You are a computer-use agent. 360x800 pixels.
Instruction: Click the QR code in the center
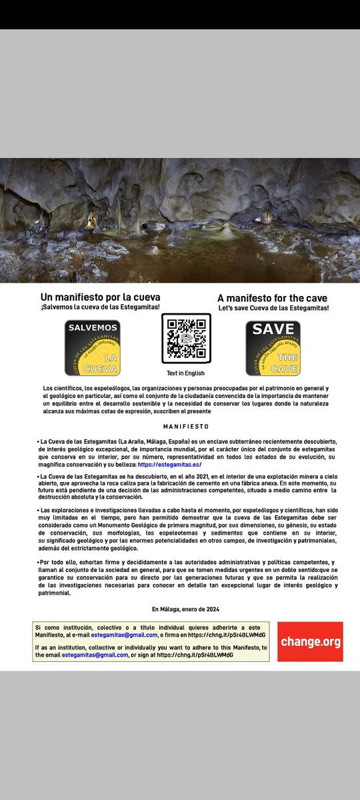tap(186, 339)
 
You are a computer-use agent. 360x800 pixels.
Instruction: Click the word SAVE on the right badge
tap(273, 329)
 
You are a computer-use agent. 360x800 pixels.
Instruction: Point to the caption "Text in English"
tap(185, 373)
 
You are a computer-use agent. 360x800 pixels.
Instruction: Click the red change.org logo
tap(310, 642)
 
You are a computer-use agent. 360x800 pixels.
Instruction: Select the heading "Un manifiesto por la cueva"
tap(100, 297)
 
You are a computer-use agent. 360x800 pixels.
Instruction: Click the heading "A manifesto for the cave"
tap(273, 297)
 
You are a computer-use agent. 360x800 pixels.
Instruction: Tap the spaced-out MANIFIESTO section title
tap(186, 426)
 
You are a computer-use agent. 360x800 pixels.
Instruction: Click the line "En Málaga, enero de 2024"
tap(185, 609)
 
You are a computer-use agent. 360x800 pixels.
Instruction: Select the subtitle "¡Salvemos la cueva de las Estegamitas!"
tap(100, 307)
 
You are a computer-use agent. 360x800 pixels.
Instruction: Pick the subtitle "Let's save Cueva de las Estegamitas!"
tap(273, 308)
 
